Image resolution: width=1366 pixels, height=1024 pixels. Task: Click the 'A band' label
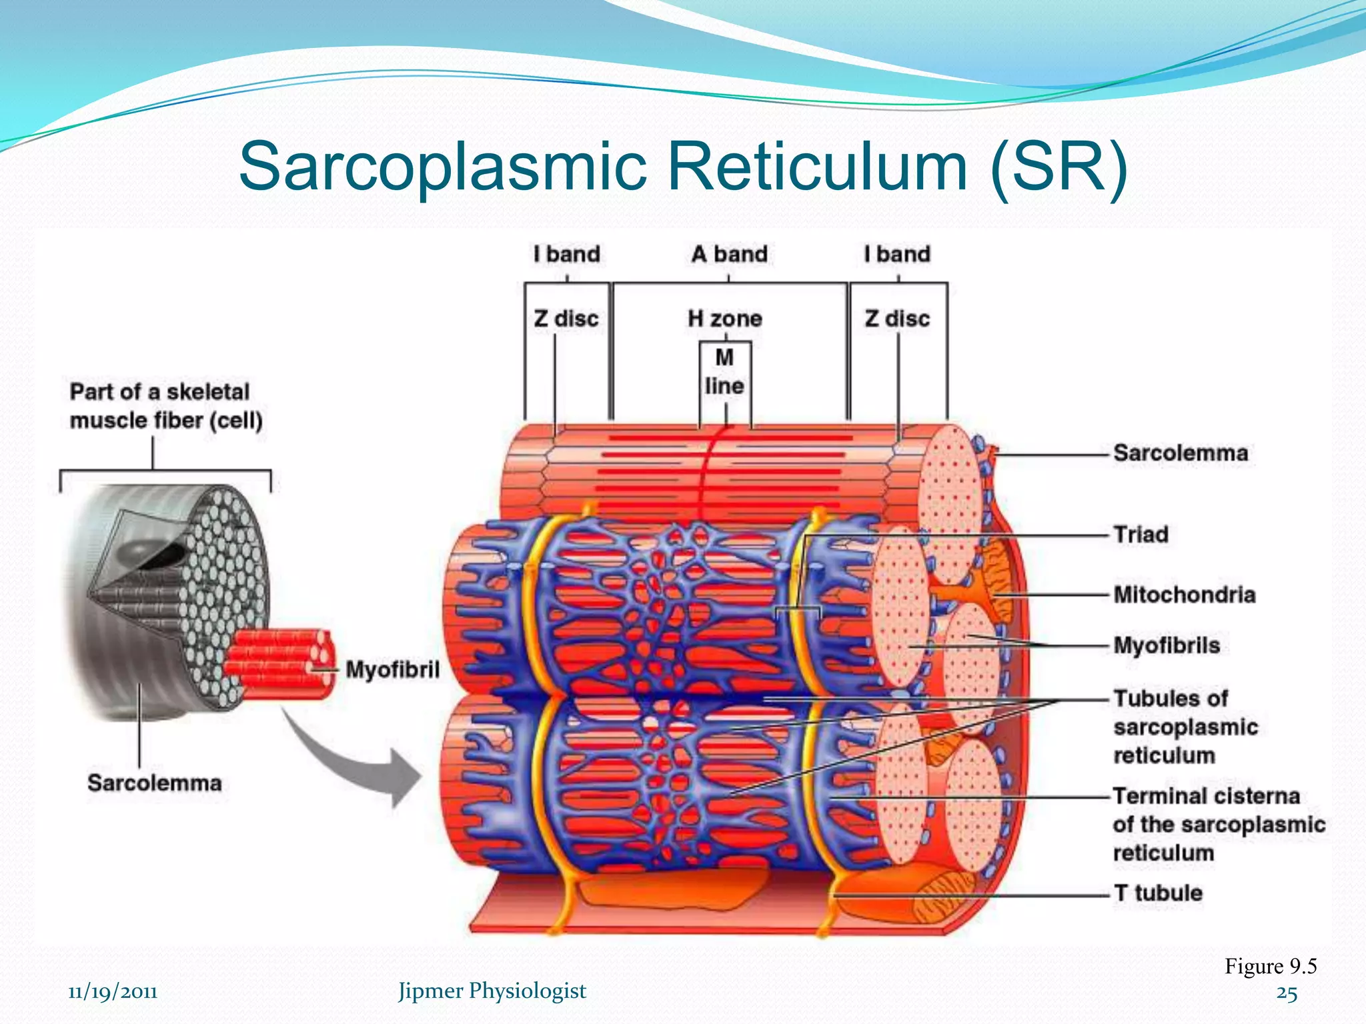pyautogui.click(x=729, y=254)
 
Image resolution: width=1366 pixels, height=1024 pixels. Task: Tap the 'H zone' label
pyautogui.click(x=725, y=319)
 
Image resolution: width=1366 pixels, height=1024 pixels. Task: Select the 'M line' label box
pyautogui.click(x=725, y=372)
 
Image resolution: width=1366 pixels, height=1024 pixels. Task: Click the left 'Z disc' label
pyautogui.click(x=566, y=319)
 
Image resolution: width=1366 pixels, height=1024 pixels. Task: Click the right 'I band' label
pyautogui.click(x=897, y=254)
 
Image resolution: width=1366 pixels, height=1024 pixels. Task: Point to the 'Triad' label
pyautogui.click(x=1141, y=535)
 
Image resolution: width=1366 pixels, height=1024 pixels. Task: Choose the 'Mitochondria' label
pyautogui.click(x=1185, y=595)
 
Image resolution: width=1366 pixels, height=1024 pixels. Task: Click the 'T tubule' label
pyautogui.click(x=1159, y=893)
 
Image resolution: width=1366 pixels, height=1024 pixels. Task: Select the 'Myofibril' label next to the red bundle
pyautogui.click(x=392, y=669)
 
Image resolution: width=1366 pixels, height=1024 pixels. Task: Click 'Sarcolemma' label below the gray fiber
pyautogui.click(x=154, y=783)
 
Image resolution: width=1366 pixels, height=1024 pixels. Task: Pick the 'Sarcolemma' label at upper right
pyautogui.click(x=1181, y=453)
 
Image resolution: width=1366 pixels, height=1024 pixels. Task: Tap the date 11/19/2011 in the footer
pyautogui.click(x=113, y=992)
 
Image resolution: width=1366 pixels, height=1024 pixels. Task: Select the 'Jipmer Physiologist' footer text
pyautogui.click(x=492, y=991)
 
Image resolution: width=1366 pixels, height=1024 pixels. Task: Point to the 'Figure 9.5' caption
pyautogui.click(x=1270, y=967)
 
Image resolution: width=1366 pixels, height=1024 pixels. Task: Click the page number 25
pyautogui.click(x=1287, y=994)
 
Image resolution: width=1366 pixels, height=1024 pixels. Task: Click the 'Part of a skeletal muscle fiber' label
pyautogui.click(x=165, y=406)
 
